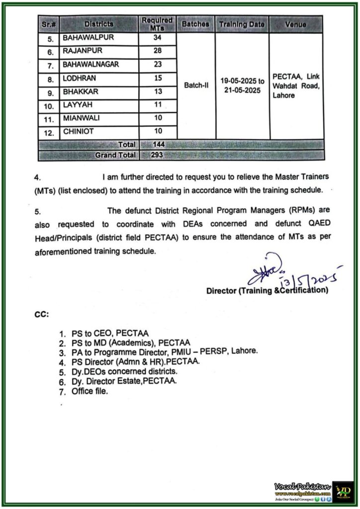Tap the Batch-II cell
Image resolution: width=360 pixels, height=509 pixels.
[196, 85]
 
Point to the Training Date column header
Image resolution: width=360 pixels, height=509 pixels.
[242, 24]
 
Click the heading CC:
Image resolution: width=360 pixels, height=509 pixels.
[41, 314]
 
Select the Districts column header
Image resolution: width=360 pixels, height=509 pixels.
[98, 24]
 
